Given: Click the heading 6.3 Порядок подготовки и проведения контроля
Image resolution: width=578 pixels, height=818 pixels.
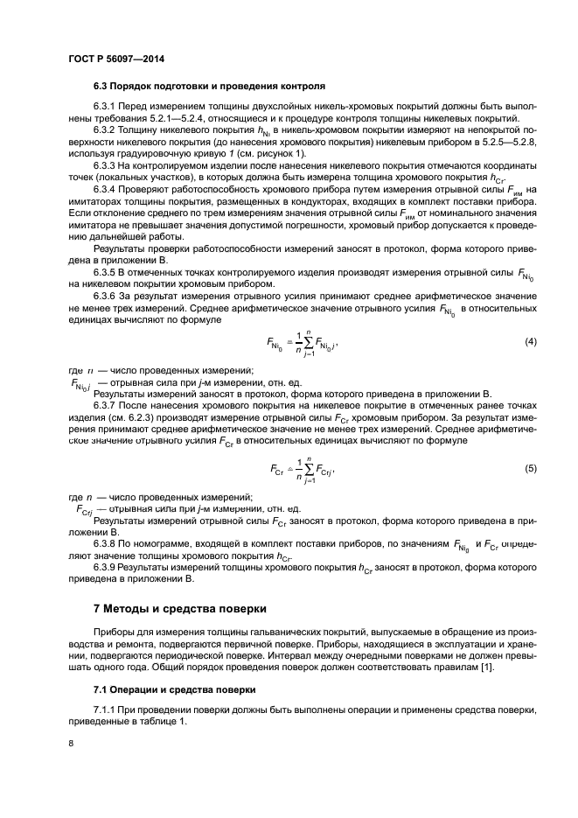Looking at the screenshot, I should pyautogui.click(x=209, y=87).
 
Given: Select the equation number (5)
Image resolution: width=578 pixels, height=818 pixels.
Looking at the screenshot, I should pyautogui.click(x=530, y=468).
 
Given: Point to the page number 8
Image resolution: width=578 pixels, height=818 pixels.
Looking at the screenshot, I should pyautogui.click(x=71, y=743).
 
